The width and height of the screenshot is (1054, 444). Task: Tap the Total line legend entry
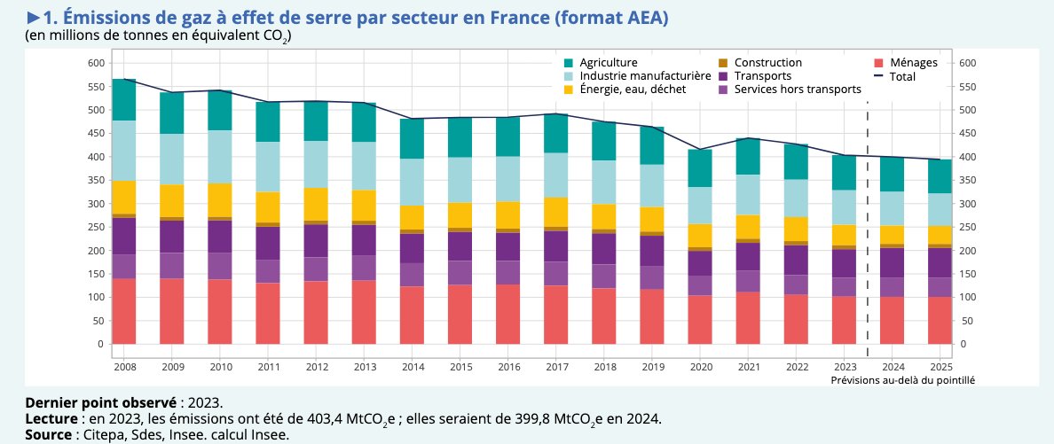tap(901, 76)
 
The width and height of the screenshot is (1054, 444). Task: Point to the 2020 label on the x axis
tap(700, 365)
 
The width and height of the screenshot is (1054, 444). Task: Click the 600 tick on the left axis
tap(95, 63)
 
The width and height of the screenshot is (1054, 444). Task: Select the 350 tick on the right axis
tap(969, 180)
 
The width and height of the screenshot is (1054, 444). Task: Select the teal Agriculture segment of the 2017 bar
tap(555, 133)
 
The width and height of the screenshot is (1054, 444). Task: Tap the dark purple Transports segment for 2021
tap(748, 256)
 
